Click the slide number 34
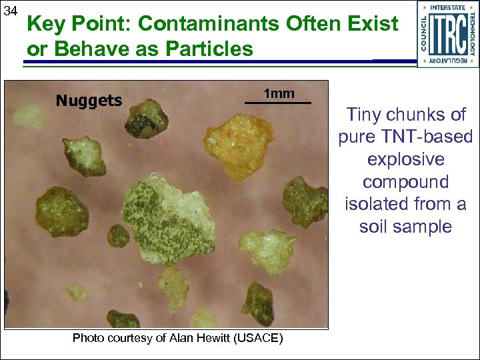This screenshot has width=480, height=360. [11, 11]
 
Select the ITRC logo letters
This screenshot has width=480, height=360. [447, 33]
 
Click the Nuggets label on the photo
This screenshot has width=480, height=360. [89, 101]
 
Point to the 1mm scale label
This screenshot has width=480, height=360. [279, 93]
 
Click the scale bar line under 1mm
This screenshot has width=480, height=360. [278, 103]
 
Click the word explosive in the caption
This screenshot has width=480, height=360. [405, 159]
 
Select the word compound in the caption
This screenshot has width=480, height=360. [405, 181]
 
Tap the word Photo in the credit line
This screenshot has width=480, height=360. [89, 338]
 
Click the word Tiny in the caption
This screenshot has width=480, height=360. [365, 114]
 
